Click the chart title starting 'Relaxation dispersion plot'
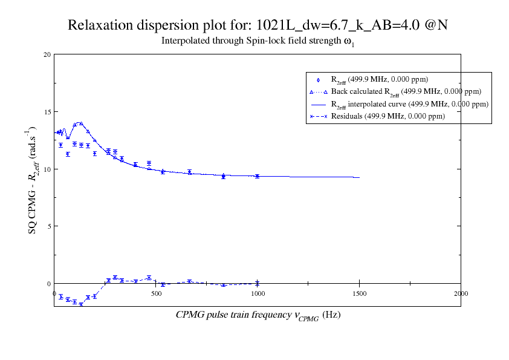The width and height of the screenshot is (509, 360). click(x=258, y=25)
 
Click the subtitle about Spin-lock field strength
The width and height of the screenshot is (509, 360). click(x=258, y=42)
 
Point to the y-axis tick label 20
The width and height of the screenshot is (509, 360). click(x=47, y=54)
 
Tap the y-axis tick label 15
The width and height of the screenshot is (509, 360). click(x=47, y=112)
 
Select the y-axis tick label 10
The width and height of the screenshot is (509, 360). click(x=47, y=169)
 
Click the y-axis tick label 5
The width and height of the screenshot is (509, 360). click(x=49, y=226)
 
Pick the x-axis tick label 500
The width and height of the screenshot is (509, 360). click(x=156, y=293)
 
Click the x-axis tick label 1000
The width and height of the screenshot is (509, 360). click(x=258, y=293)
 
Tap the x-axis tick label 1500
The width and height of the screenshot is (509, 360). click(x=359, y=293)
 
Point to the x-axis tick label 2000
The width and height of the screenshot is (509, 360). click(x=461, y=293)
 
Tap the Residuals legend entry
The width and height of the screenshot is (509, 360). click(x=387, y=116)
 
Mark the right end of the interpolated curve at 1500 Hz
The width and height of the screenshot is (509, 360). click(x=360, y=177)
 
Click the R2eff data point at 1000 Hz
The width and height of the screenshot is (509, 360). click(x=258, y=176)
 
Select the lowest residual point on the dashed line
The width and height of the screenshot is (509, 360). click(x=81, y=304)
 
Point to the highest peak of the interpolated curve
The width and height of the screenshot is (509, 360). click(x=79, y=123)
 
